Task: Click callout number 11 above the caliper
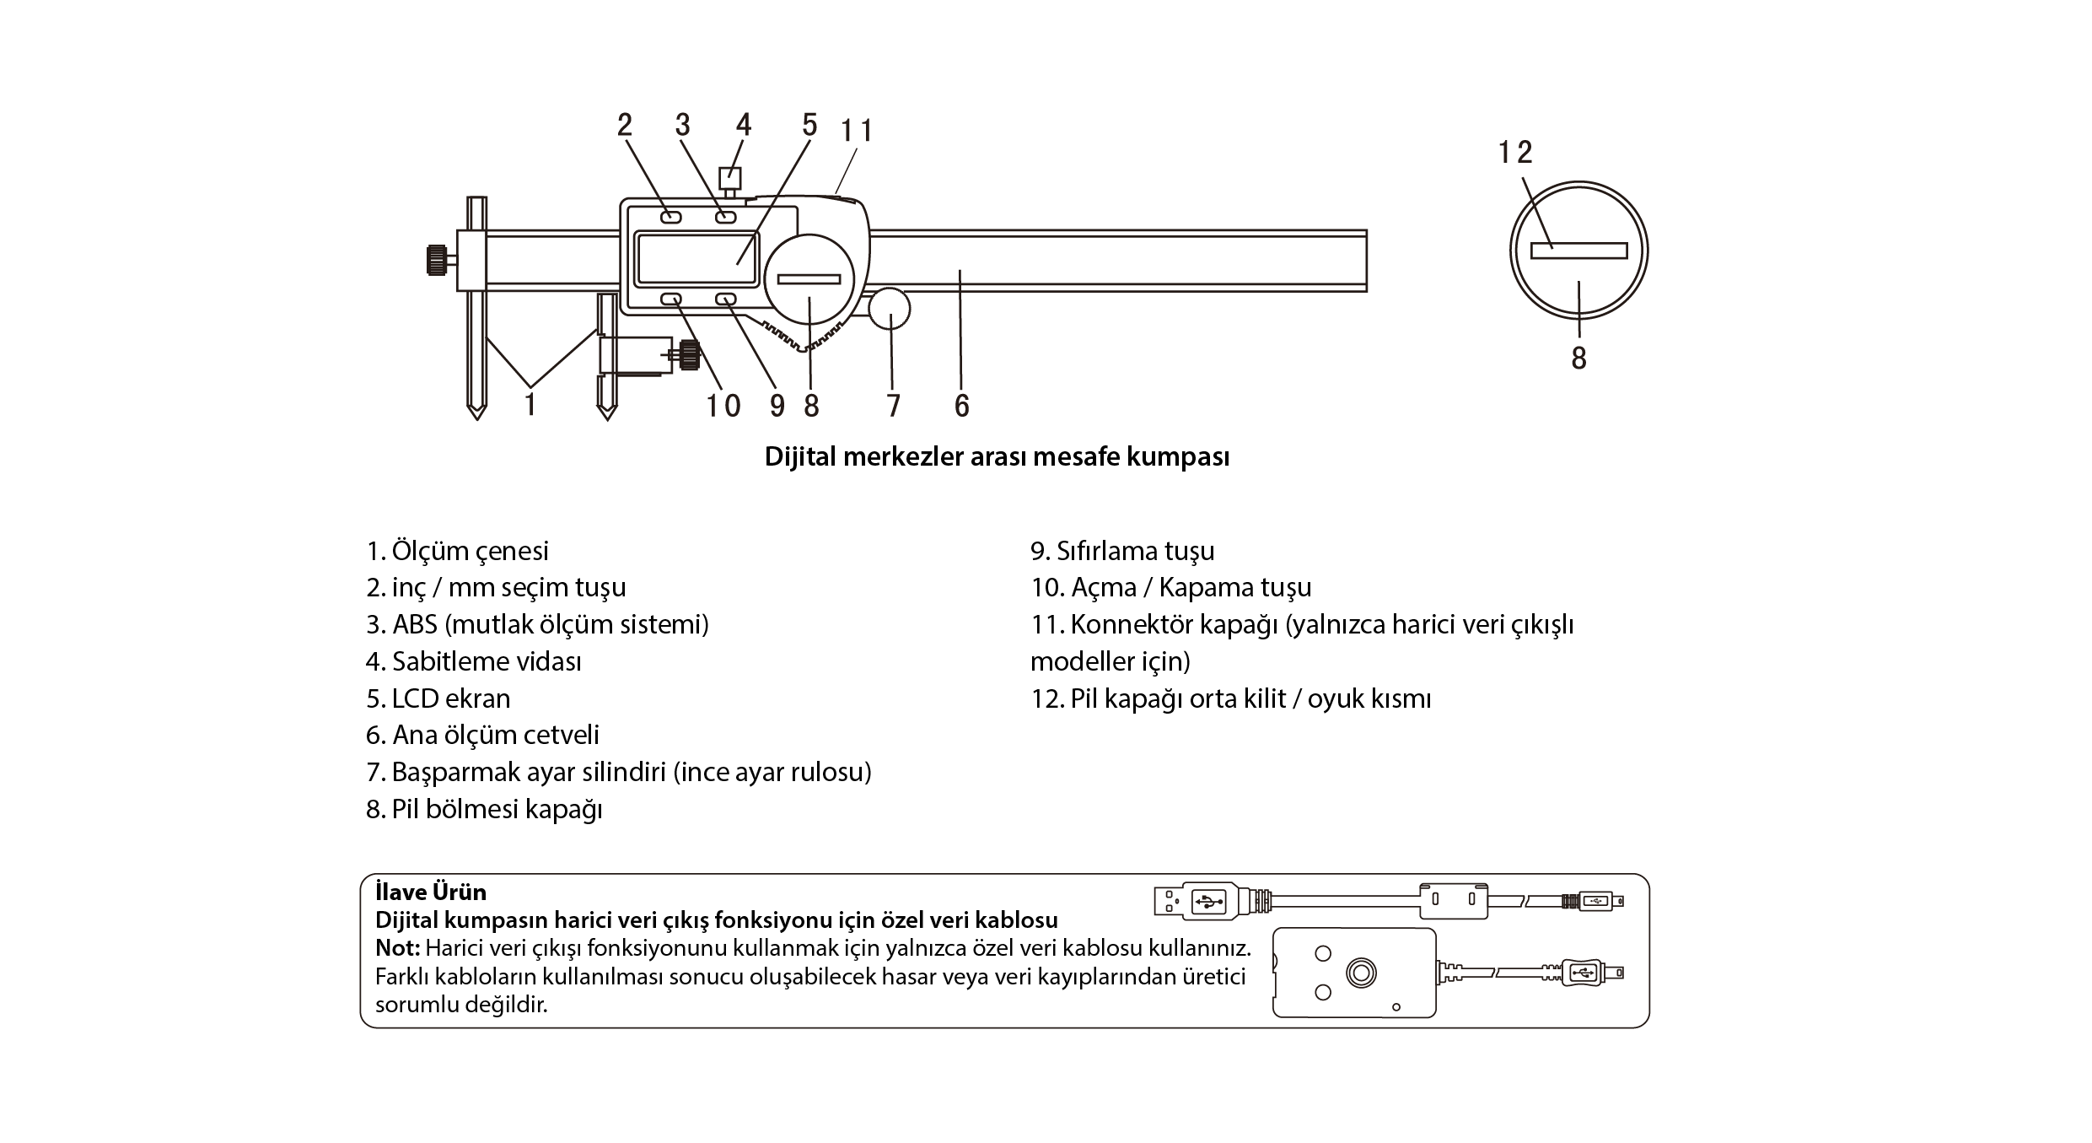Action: click(x=857, y=131)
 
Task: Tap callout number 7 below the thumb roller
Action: click(x=894, y=406)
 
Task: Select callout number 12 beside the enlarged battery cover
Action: click(x=1515, y=153)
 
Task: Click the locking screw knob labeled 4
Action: click(x=729, y=178)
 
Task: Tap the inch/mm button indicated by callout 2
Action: click(x=671, y=217)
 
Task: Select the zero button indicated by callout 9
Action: click(x=726, y=299)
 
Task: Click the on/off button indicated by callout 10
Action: click(x=671, y=299)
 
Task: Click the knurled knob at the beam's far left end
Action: click(x=437, y=259)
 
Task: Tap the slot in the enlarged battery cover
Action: click(x=1578, y=251)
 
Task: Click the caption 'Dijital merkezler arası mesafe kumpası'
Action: click(x=997, y=456)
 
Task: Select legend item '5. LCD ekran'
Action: click(x=438, y=698)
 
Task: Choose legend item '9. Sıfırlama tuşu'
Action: click(x=1122, y=551)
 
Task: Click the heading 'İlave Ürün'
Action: click(x=431, y=892)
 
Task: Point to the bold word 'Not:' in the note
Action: click(x=398, y=947)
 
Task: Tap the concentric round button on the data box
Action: click(x=1359, y=973)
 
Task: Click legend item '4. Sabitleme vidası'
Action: click(x=473, y=661)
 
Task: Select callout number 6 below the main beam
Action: click(x=962, y=406)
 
